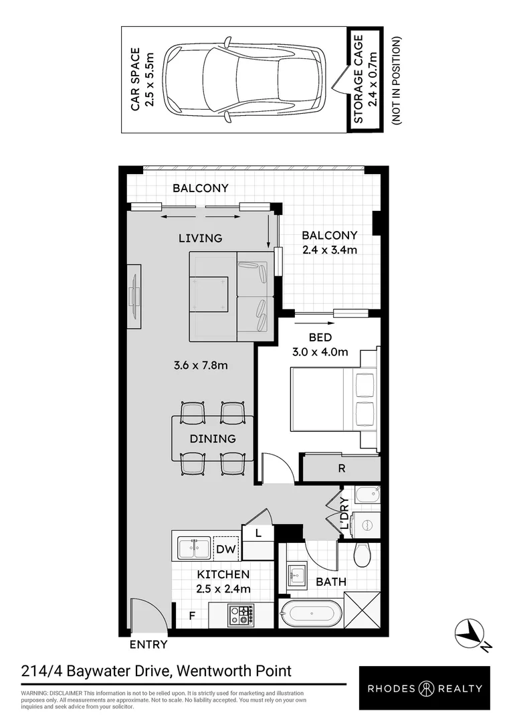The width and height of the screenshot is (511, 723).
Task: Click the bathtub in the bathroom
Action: (312, 613)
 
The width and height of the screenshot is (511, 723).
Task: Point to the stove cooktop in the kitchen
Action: (241, 614)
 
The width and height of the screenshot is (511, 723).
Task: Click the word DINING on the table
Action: (212, 439)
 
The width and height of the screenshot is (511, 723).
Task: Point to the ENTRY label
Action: (147, 645)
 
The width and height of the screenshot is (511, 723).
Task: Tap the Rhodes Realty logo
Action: (424, 688)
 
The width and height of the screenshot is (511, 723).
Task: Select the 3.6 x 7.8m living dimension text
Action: (201, 366)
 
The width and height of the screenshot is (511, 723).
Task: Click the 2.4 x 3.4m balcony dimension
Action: (329, 250)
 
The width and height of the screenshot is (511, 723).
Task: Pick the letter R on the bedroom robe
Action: (341, 468)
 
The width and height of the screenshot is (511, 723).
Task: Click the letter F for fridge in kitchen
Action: (191, 614)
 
